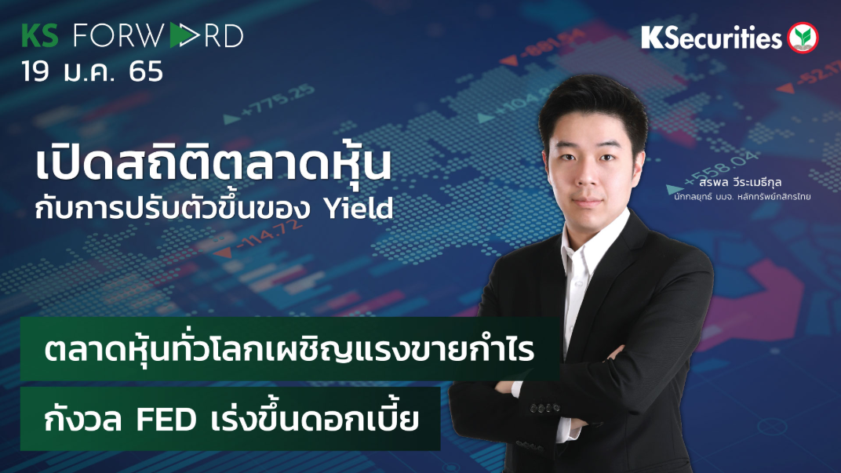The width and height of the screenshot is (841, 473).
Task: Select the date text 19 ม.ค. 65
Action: [x=92, y=71]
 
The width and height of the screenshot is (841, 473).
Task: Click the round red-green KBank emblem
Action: [x=803, y=37]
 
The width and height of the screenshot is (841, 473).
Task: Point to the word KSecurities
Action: [x=712, y=38]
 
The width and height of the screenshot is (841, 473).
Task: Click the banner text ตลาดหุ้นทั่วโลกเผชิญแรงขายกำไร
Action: [x=289, y=351]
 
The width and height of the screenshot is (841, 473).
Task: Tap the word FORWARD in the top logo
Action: [x=157, y=36]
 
